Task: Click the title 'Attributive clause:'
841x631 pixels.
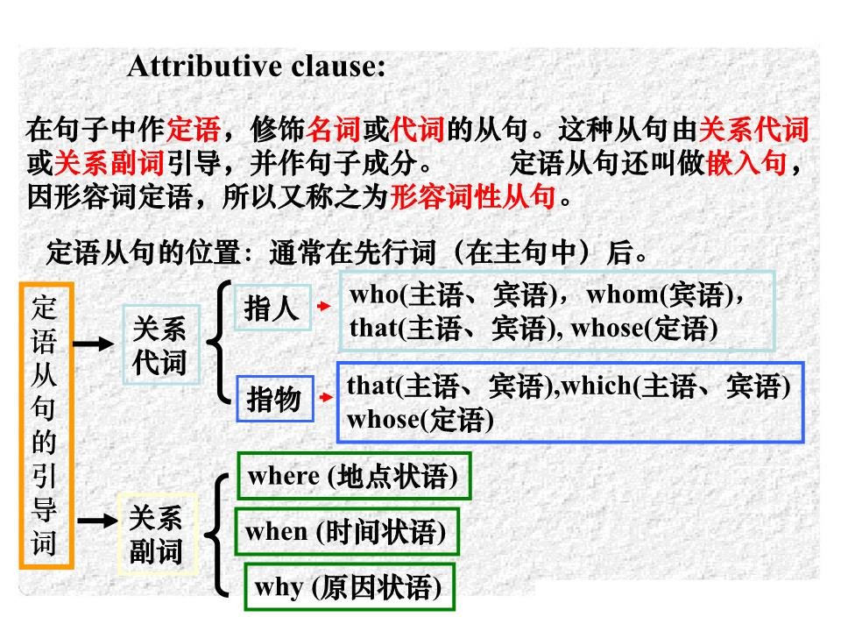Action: coord(256,67)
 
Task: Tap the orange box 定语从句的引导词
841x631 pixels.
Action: coord(45,426)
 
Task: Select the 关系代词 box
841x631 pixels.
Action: coord(159,346)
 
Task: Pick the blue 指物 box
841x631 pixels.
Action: coord(274,400)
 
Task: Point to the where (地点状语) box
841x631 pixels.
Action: coord(353,478)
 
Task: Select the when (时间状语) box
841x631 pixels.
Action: coord(346,531)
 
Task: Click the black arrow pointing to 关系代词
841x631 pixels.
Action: coord(93,344)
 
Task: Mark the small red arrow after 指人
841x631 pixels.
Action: coord(324,307)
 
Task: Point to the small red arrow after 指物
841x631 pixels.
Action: coord(325,397)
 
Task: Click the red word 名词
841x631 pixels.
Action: coord(333,131)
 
